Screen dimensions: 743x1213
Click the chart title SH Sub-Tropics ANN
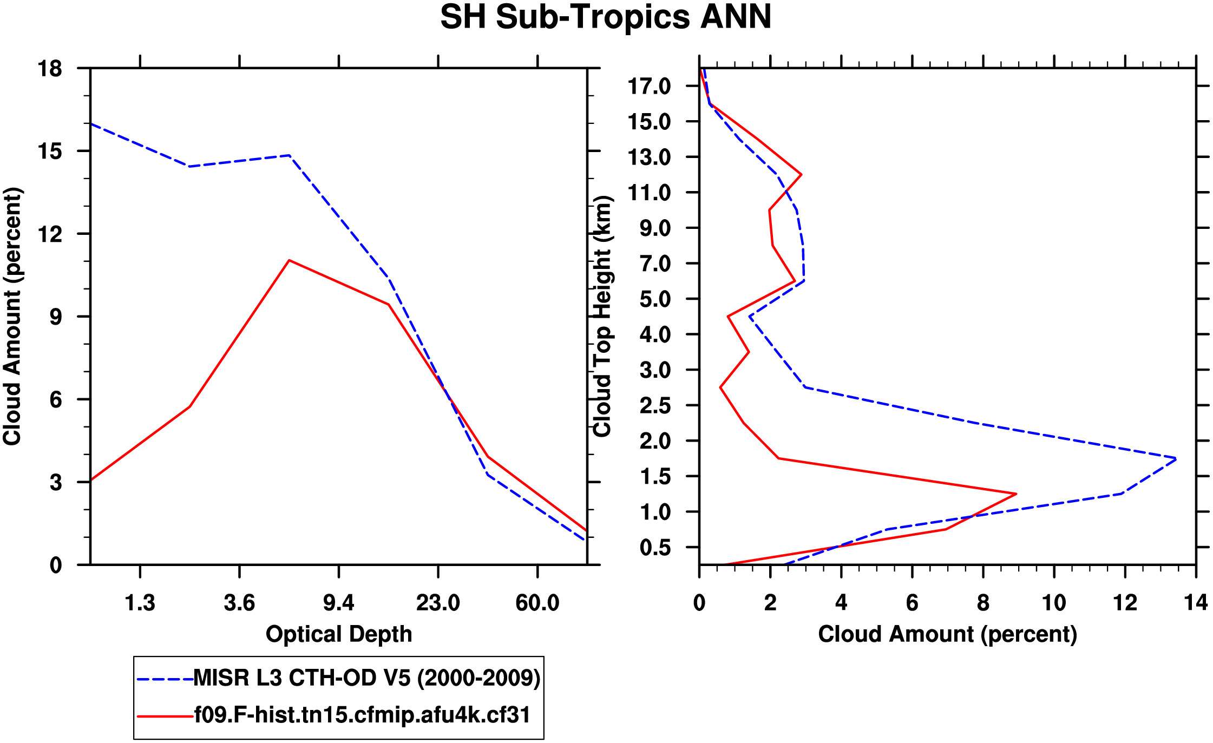point(606,17)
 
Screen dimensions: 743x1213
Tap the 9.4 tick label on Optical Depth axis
point(338,603)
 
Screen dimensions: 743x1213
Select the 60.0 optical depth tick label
point(537,603)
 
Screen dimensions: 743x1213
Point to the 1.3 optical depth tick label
point(140,603)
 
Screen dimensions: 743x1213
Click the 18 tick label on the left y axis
point(50,69)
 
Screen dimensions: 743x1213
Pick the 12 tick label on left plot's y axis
point(50,234)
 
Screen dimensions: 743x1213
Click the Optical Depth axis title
point(339,634)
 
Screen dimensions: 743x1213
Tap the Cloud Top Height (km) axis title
point(602,316)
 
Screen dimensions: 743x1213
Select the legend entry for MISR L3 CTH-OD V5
point(366,678)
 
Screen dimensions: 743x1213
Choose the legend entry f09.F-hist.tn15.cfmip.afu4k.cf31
point(362,715)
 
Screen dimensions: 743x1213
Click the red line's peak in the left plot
point(290,260)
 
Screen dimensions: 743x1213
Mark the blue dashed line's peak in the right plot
point(1176,459)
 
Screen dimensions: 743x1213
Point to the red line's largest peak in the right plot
point(1016,494)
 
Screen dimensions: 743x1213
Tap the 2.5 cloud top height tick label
point(655,405)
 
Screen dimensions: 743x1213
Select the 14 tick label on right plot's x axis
point(1195,603)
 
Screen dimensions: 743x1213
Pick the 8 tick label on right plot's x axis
point(983,603)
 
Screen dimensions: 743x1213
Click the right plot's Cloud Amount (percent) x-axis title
point(947,634)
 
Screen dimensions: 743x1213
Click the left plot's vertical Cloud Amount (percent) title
point(12,316)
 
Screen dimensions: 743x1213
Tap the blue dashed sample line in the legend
point(165,679)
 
